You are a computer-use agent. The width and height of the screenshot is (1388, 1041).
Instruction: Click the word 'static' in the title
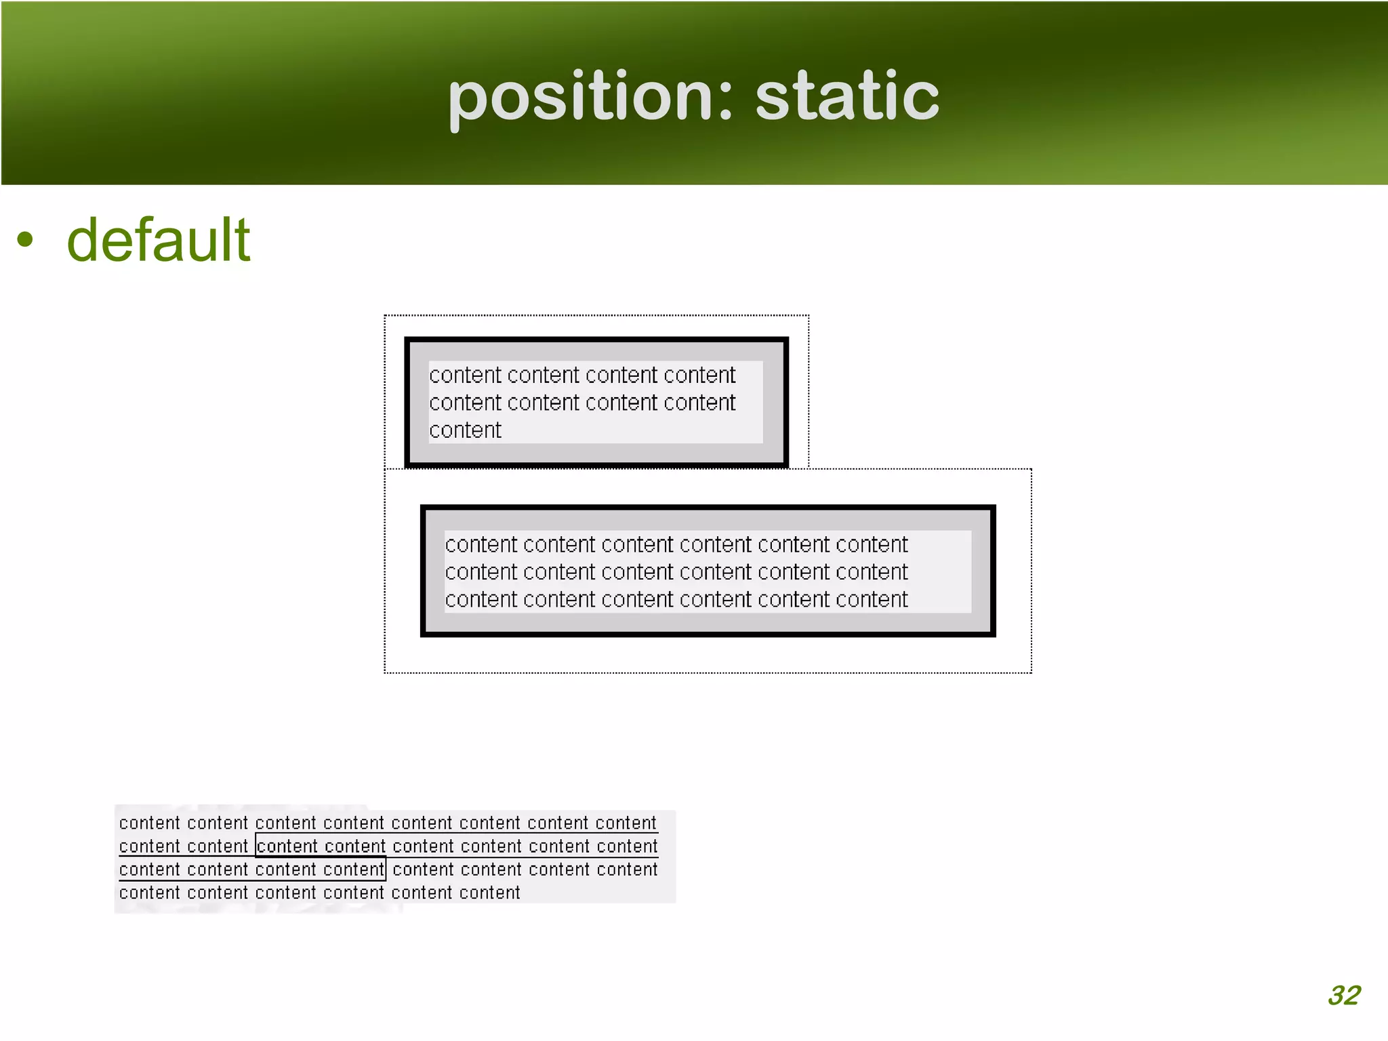[847, 97]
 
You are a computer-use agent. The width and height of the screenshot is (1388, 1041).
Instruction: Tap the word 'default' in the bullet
[159, 240]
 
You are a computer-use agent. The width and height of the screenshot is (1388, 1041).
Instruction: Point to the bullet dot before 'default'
[25, 239]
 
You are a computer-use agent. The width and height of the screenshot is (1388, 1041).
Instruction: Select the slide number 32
[1344, 995]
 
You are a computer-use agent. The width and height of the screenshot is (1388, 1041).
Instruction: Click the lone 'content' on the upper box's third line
[465, 430]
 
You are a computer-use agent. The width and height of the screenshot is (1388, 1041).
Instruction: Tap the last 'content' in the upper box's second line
[699, 403]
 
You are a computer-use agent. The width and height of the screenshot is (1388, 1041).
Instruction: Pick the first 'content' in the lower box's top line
[481, 544]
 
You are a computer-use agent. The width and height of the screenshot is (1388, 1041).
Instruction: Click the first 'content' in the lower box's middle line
[481, 572]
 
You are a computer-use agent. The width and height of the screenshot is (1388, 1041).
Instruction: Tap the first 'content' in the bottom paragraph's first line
[150, 823]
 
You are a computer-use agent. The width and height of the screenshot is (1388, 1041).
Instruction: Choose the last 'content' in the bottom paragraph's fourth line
[489, 893]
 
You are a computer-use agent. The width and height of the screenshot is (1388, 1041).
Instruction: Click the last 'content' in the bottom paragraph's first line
[626, 823]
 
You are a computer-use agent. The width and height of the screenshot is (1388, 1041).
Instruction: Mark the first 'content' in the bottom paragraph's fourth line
[150, 893]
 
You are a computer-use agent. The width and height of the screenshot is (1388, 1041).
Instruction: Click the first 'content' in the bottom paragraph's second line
[150, 846]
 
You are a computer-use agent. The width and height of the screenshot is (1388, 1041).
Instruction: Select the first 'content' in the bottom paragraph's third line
[150, 870]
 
